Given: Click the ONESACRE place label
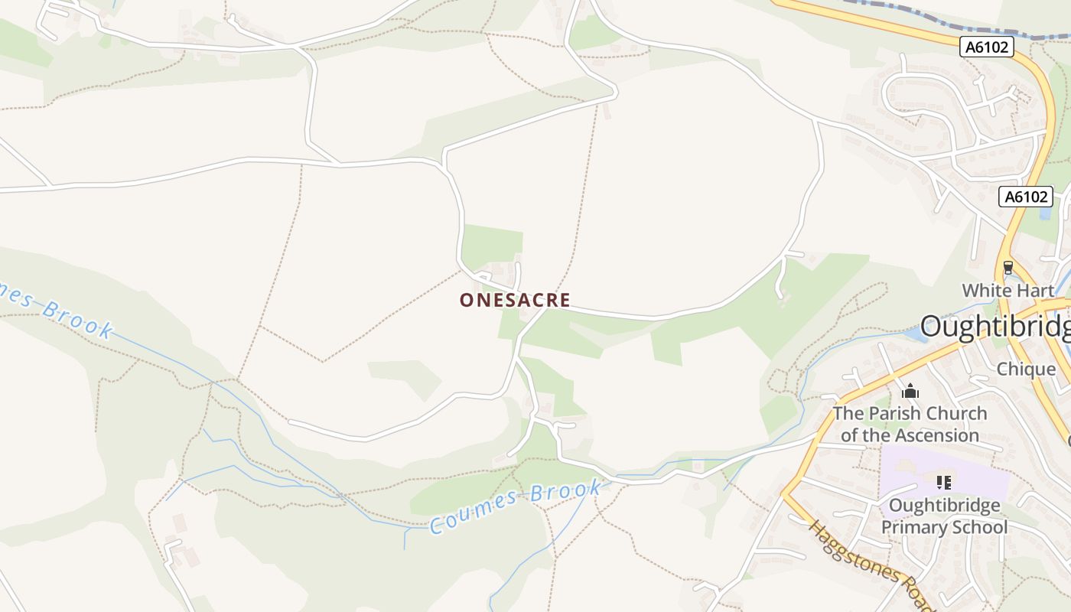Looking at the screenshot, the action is (515, 300).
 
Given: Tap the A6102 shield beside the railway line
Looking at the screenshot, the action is (987, 47).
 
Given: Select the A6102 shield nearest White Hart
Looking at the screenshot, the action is (1025, 197).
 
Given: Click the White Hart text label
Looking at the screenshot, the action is (1008, 291).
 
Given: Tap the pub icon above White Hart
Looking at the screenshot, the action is (1008, 268).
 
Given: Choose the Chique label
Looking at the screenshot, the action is (1025, 369).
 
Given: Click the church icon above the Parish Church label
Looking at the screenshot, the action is (910, 392).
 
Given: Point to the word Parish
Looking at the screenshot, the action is (891, 414).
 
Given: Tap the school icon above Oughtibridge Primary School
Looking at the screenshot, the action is (944, 482).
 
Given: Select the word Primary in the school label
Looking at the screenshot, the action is (912, 527).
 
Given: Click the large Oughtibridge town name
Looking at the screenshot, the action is (994, 327).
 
